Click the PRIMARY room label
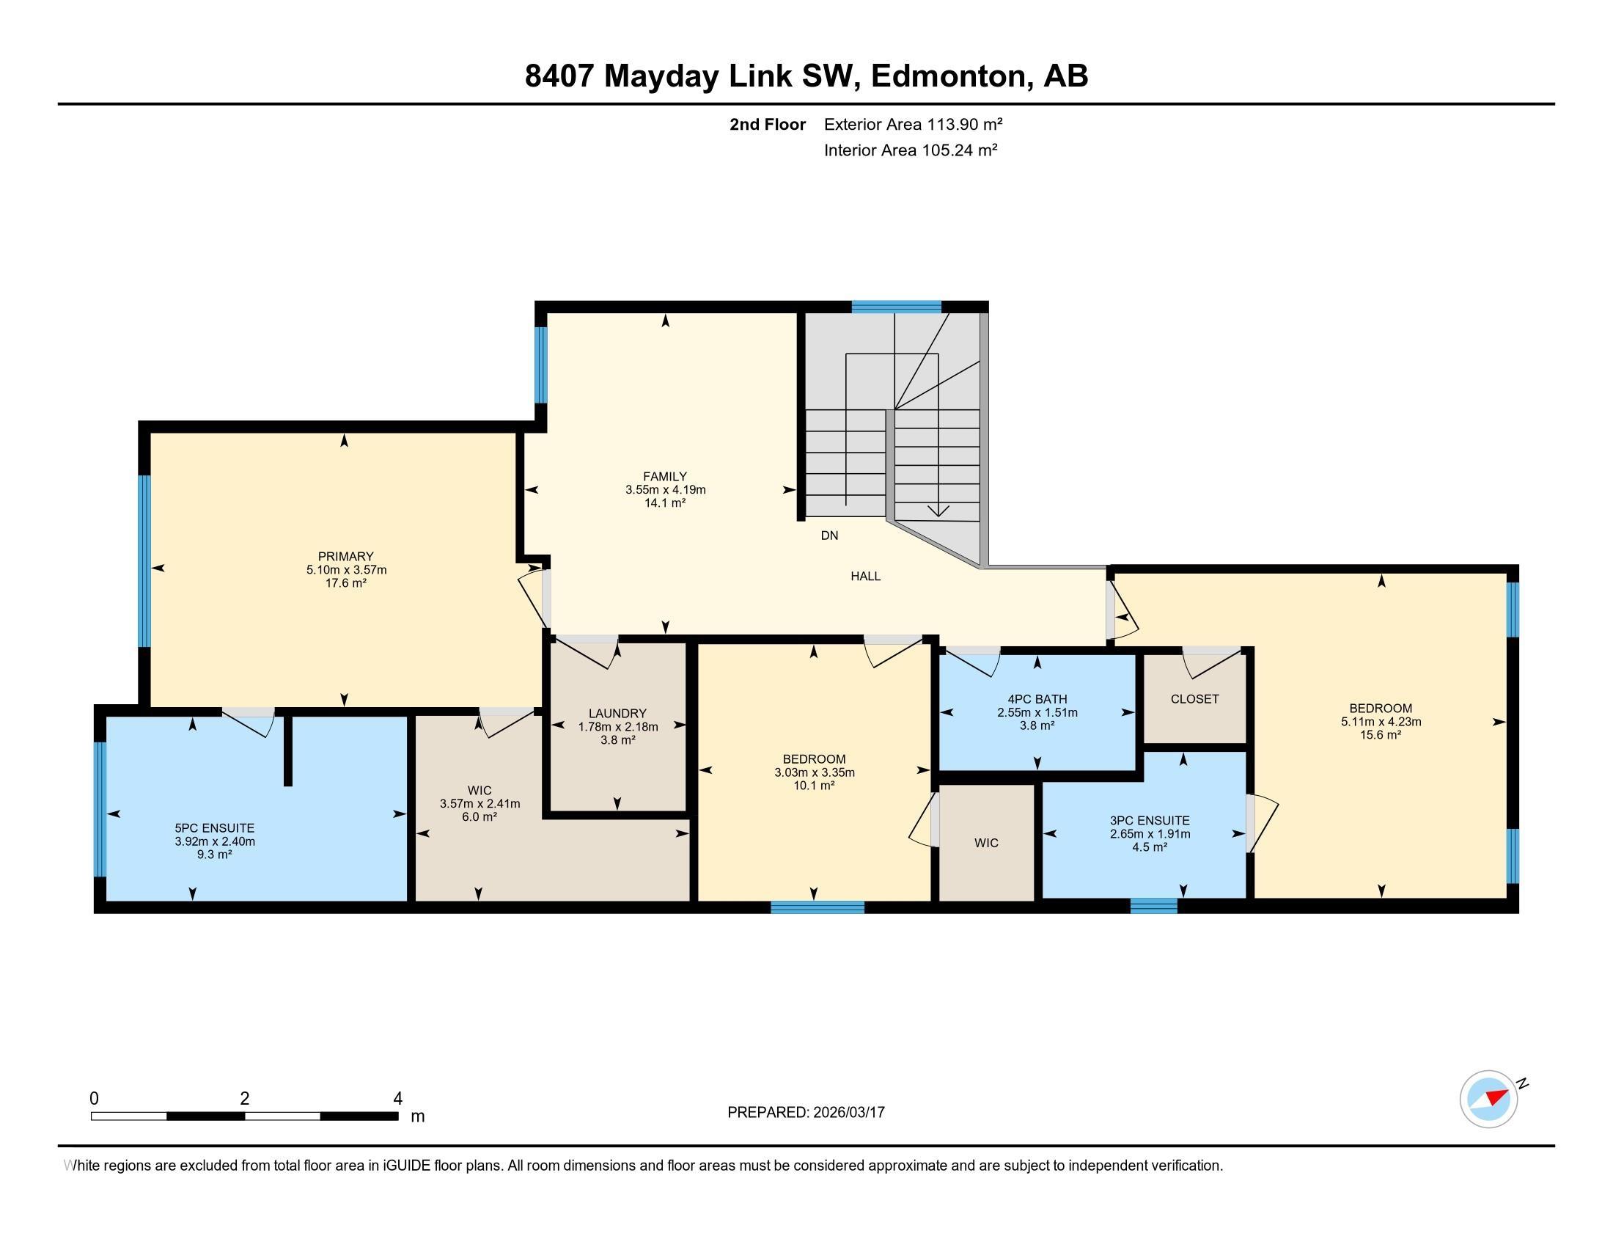pyautogui.click(x=345, y=556)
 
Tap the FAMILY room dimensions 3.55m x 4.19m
pyautogui.click(x=665, y=490)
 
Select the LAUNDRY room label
pyautogui.click(x=617, y=713)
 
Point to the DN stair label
pyautogui.click(x=829, y=535)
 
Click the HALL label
pyautogui.click(x=865, y=577)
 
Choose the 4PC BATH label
pyautogui.click(x=1037, y=699)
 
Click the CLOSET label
pyautogui.click(x=1194, y=699)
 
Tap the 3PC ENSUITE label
pyautogui.click(x=1149, y=820)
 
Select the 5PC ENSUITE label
pyautogui.click(x=214, y=828)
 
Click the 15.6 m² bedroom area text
pyautogui.click(x=1381, y=735)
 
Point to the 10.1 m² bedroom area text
pyautogui.click(x=814, y=786)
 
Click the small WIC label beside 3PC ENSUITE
pyautogui.click(x=986, y=843)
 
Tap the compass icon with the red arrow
pyautogui.click(x=1488, y=1099)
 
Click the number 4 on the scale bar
pyautogui.click(x=397, y=1099)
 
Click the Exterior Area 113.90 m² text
pyautogui.click(x=913, y=124)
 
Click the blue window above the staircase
pyautogui.click(x=896, y=307)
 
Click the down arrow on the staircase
pyautogui.click(x=938, y=510)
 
